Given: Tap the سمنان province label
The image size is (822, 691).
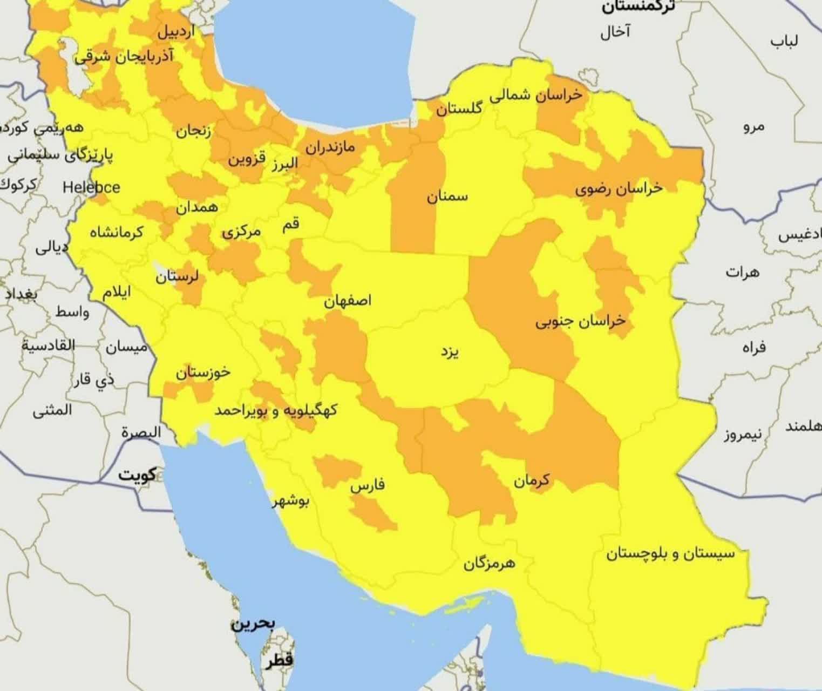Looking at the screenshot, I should [447, 197].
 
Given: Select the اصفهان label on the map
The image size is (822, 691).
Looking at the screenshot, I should [348, 301].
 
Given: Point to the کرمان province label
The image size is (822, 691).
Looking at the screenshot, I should [531, 479].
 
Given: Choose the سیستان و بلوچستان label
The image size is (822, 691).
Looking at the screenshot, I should [670, 554].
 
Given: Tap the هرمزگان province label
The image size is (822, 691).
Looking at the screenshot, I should [489, 564].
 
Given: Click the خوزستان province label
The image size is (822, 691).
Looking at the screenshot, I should [203, 372].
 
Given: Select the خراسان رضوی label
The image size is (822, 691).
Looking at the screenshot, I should [619, 188].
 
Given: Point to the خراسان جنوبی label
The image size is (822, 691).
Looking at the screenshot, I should [580, 322].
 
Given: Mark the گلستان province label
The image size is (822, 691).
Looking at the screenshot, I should [459, 109].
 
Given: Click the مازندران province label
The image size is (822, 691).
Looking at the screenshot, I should [330, 146].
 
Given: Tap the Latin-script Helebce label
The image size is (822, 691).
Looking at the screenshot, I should [91, 187].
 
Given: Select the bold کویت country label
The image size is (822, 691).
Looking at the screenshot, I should [137, 475].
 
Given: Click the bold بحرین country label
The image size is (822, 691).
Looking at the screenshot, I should [253, 624].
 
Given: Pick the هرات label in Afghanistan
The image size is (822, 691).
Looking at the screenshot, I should [742, 272].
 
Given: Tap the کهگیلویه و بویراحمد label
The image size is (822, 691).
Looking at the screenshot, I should [276, 410].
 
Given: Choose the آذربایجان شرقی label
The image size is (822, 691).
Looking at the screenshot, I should [124, 56].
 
